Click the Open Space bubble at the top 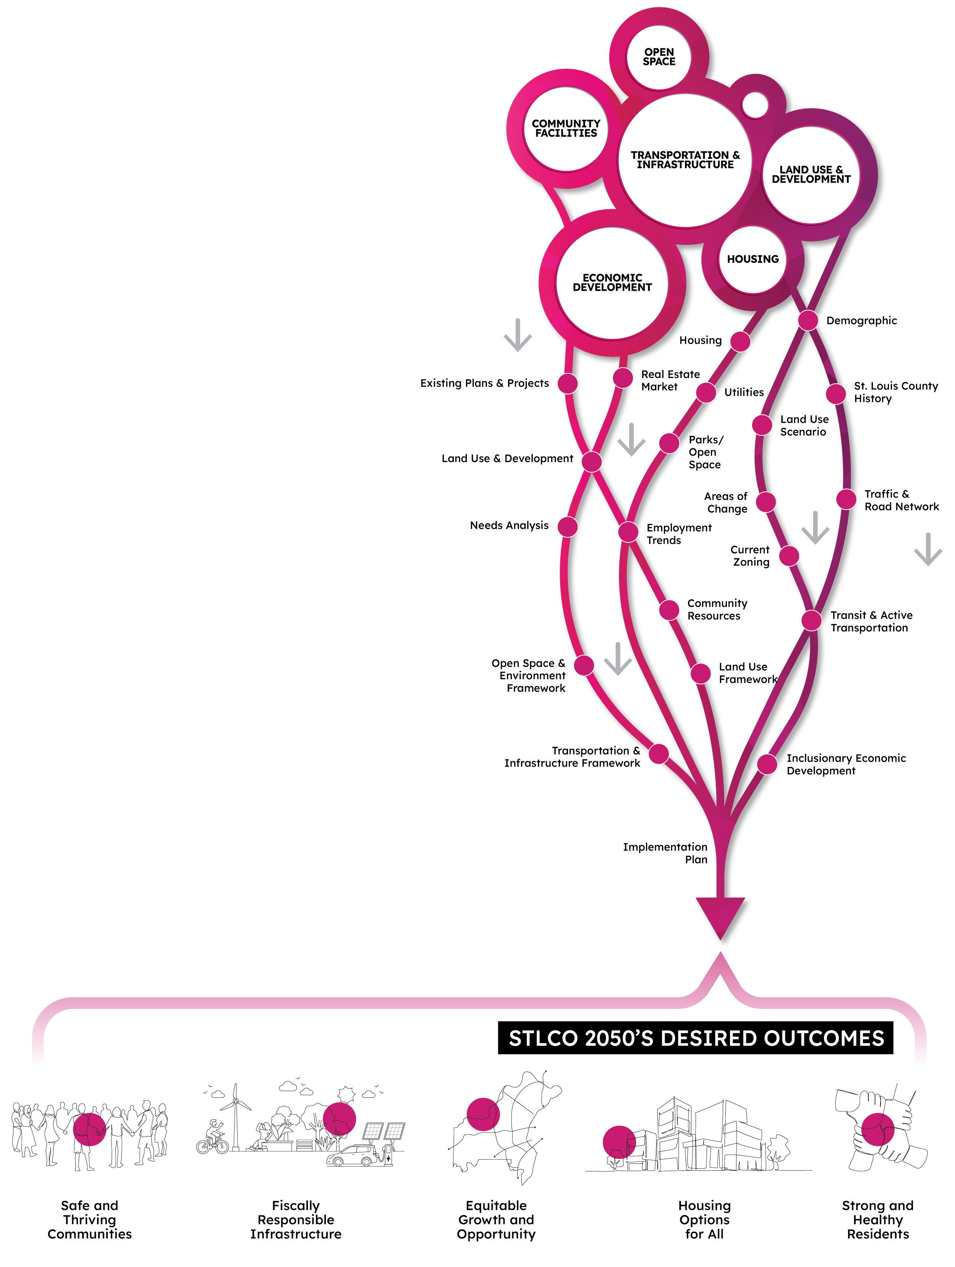coord(659,57)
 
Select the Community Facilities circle coord(566,128)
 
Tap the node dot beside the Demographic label coord(808,320)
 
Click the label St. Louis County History coord(895,393)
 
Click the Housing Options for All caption coord(704,1220)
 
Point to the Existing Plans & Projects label coord(484,383)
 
